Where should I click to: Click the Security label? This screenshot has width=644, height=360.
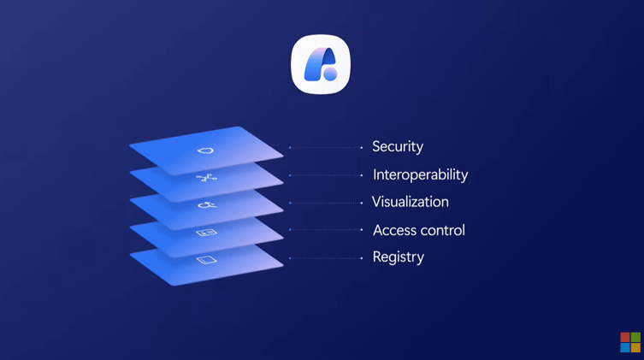pos(398,147)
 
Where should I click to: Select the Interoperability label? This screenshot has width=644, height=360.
pos(420,174)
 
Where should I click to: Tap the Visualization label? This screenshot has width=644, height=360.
pos(411,202)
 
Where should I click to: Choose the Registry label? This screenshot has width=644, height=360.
pos(398,257)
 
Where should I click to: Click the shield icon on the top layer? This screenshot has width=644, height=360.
pos(205,150)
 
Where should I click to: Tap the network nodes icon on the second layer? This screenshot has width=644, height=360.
pos(206,178)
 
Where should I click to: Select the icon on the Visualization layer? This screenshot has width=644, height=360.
pos(207,205)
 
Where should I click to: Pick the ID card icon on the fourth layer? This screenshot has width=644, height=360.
pos(206,233)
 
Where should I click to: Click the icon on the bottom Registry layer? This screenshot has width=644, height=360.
pos(206,260)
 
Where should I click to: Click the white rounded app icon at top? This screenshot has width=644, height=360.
pos(321,64)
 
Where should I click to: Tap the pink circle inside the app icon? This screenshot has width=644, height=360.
pos(330,74)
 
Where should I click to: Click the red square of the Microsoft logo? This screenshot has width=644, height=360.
pos(625,338)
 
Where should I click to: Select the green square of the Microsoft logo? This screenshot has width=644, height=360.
pos(635,338)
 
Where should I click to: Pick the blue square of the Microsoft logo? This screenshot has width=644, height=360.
pos(625,348)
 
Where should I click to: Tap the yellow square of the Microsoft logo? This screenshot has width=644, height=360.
pos(635,348)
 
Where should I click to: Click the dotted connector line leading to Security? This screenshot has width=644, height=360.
pos(326,148)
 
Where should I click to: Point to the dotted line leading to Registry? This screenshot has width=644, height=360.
pos(326,258)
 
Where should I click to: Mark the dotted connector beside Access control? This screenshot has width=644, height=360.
pos(326,230)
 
